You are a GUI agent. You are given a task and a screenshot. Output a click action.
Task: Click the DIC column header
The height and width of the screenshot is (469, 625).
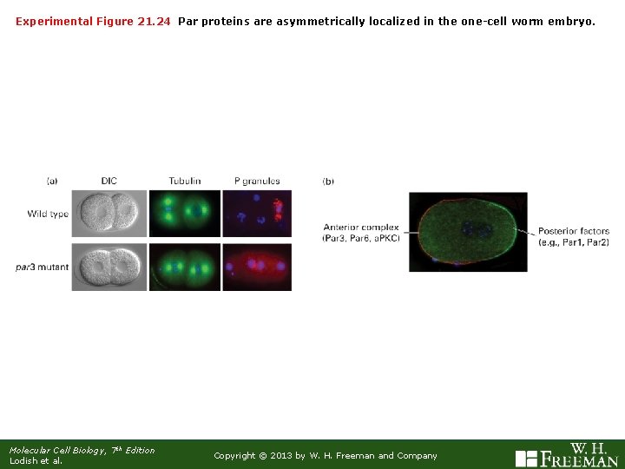tap(109, 181)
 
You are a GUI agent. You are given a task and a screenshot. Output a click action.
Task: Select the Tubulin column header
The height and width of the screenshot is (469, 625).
tap(184, 181)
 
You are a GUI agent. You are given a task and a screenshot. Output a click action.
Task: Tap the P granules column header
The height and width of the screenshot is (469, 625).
tap(257, 181)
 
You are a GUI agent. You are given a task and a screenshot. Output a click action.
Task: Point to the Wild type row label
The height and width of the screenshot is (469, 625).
tap(48, 214)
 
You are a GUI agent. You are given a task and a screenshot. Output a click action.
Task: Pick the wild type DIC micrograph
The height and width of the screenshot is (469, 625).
tap(109, 214)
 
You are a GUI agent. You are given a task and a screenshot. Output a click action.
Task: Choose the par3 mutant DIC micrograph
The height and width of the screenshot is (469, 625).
tap(109, 267)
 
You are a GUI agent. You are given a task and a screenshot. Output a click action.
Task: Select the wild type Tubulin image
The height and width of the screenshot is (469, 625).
tap(184, 214)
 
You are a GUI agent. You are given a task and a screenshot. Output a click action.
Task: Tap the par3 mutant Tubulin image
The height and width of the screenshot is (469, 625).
tap(184, 267)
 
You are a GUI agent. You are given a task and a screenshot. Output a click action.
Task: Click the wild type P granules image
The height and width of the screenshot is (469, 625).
tap(257, 214)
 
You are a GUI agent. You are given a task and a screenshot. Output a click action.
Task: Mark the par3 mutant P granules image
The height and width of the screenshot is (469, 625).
tap(257, 267)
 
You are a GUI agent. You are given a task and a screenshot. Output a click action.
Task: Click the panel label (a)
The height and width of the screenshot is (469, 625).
tap(52, 181)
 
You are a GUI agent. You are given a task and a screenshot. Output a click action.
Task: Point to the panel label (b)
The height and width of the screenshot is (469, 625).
tap(328, 181)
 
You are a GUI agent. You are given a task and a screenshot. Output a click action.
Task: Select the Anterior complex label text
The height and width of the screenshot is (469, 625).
tap(360, 233)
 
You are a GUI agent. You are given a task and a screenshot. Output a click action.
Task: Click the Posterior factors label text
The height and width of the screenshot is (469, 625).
tap(573, 236)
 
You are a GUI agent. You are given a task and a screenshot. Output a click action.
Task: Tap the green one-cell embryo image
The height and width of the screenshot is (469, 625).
tap(468, 232)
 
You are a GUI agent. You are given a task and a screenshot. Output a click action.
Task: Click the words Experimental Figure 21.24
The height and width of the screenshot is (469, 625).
tap(93, 20)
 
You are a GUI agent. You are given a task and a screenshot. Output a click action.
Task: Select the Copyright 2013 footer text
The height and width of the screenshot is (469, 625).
tap(326, 455)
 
